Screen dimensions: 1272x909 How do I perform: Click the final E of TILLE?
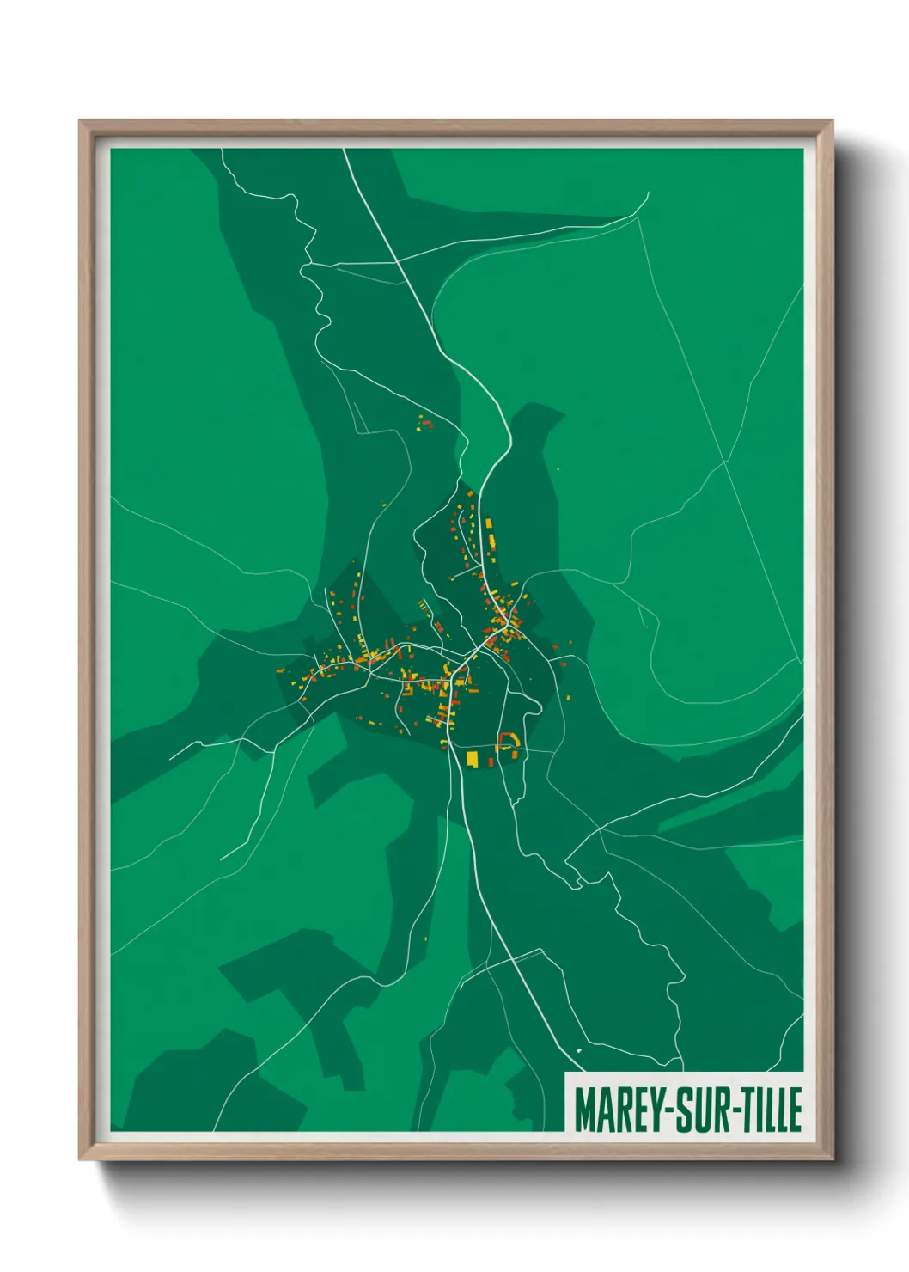click(x=796, y=1110)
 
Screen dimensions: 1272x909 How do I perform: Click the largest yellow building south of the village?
click(x=472, y=758)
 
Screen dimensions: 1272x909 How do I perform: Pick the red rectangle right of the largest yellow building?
click(x=491, y=761)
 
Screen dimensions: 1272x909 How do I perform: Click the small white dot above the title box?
click(x=579, y=1050)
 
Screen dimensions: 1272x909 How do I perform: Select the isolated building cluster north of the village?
click(x=424, y=422)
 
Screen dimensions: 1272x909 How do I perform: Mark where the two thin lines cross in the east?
click(x=726, y=462)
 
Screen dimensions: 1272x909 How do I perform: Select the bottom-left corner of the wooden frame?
click(x=81, y=1158)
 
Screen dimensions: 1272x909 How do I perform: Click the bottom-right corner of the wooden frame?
click(x=832, y=1158)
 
